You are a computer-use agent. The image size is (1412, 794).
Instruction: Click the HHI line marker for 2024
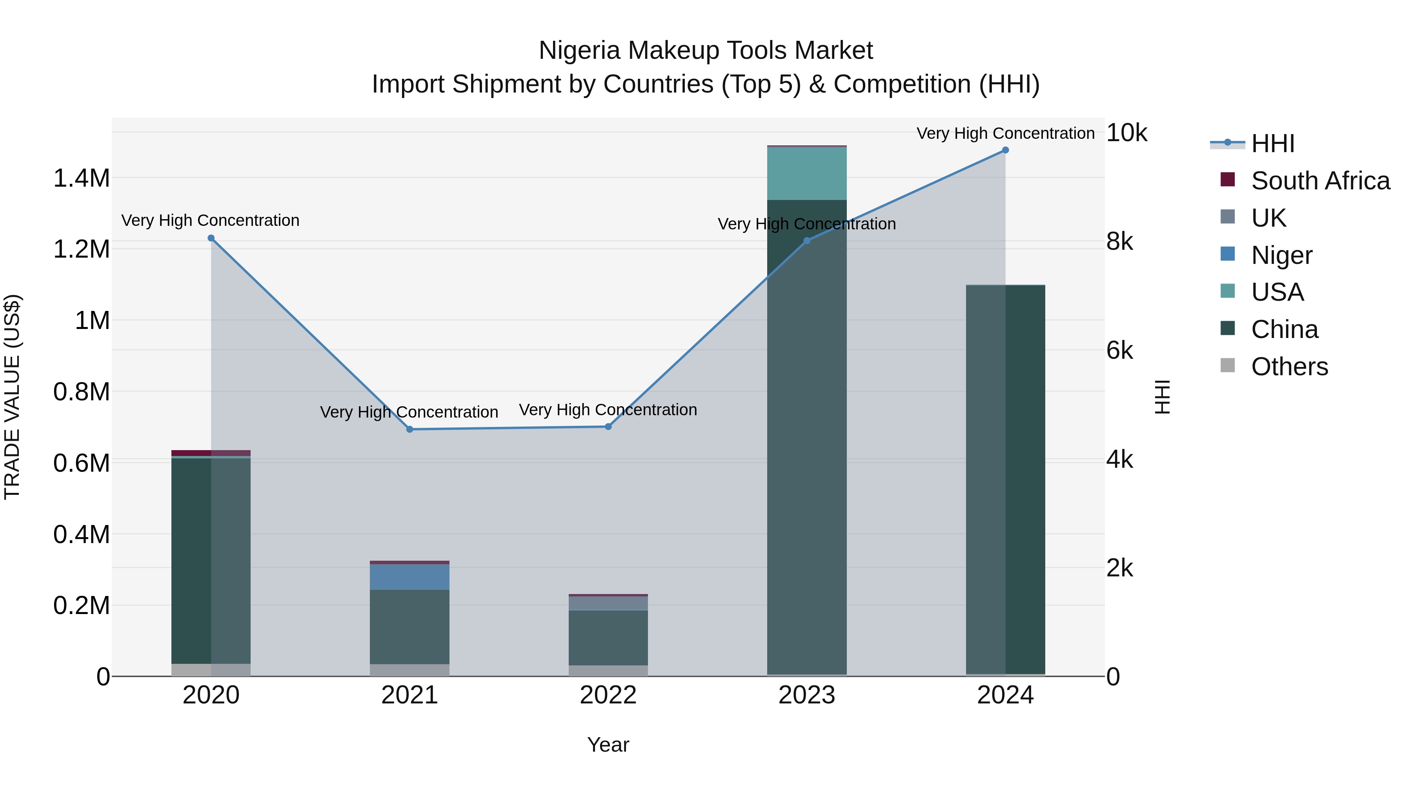tap(1005, 150)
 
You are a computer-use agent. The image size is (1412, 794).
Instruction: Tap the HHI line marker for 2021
tap(409, 430)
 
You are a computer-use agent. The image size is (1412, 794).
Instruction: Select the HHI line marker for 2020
tap(211, 238)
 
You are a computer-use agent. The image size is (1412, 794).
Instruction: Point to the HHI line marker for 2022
tap(608, 427)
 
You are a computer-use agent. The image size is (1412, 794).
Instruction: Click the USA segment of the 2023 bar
tap(806, 173)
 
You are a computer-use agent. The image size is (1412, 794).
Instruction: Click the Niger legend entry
tap(1281, 255)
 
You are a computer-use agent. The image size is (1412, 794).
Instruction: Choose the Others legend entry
tap(1289, 367)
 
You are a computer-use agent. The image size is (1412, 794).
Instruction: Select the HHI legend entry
tap(1273, 144)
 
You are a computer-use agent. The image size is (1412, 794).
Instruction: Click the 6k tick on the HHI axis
tap(1119, 351)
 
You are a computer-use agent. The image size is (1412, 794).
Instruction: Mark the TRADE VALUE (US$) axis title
tap(12, 397)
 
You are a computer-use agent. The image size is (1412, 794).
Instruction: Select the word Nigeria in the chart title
tap(579, 51)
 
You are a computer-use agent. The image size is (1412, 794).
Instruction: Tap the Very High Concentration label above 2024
tap(1005, 133)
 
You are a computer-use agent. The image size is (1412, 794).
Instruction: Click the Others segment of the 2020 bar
tap(211, 670)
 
